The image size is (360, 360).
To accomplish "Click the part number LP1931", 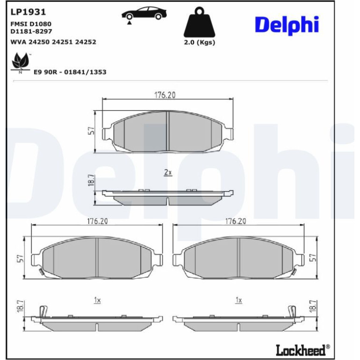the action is (x=28, y=12).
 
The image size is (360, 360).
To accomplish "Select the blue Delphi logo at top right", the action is (x=287, y=25).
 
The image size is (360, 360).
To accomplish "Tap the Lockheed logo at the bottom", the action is (x=303, y=350).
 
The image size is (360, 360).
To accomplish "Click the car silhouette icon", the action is (x=144, y=13).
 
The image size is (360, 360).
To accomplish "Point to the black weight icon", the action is (x=199, y=22).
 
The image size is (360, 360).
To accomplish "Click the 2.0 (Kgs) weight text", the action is (x=199, y=43).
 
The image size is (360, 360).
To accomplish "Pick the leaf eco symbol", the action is (x=21, y=62).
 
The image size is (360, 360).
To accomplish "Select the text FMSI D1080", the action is (x=31, y=24).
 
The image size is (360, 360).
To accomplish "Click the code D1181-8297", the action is (x=31, y=31).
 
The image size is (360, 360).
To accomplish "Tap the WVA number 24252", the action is (x=86, y=42).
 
